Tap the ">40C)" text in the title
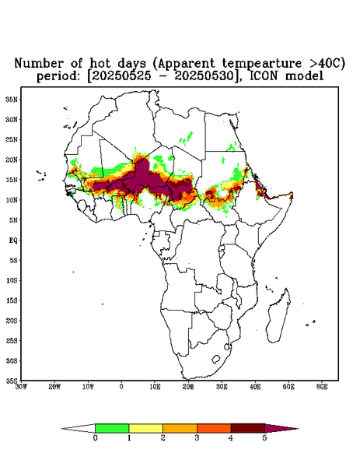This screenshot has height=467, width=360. (324, 64)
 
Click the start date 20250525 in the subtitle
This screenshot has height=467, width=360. (121, 76)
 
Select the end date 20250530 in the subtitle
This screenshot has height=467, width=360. (204, 76)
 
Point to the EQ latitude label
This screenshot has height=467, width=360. (13, 240)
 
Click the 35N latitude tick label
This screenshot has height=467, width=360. (12, 99)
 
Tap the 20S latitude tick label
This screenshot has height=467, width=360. (12, 321)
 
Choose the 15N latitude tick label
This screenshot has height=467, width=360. (12, 180)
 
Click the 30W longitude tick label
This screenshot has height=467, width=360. (21, 387)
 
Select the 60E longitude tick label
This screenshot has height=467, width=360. (322, 387)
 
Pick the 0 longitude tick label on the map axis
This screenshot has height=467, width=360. (121, 387)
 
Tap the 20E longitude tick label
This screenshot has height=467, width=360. (188, 387)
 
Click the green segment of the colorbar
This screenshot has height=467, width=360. (112, 428)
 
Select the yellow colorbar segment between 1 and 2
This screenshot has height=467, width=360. (145, 428)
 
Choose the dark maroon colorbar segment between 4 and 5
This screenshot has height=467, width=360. (248, 428)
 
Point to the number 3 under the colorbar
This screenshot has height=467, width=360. (197, 438)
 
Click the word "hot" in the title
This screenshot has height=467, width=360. (100, 64)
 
